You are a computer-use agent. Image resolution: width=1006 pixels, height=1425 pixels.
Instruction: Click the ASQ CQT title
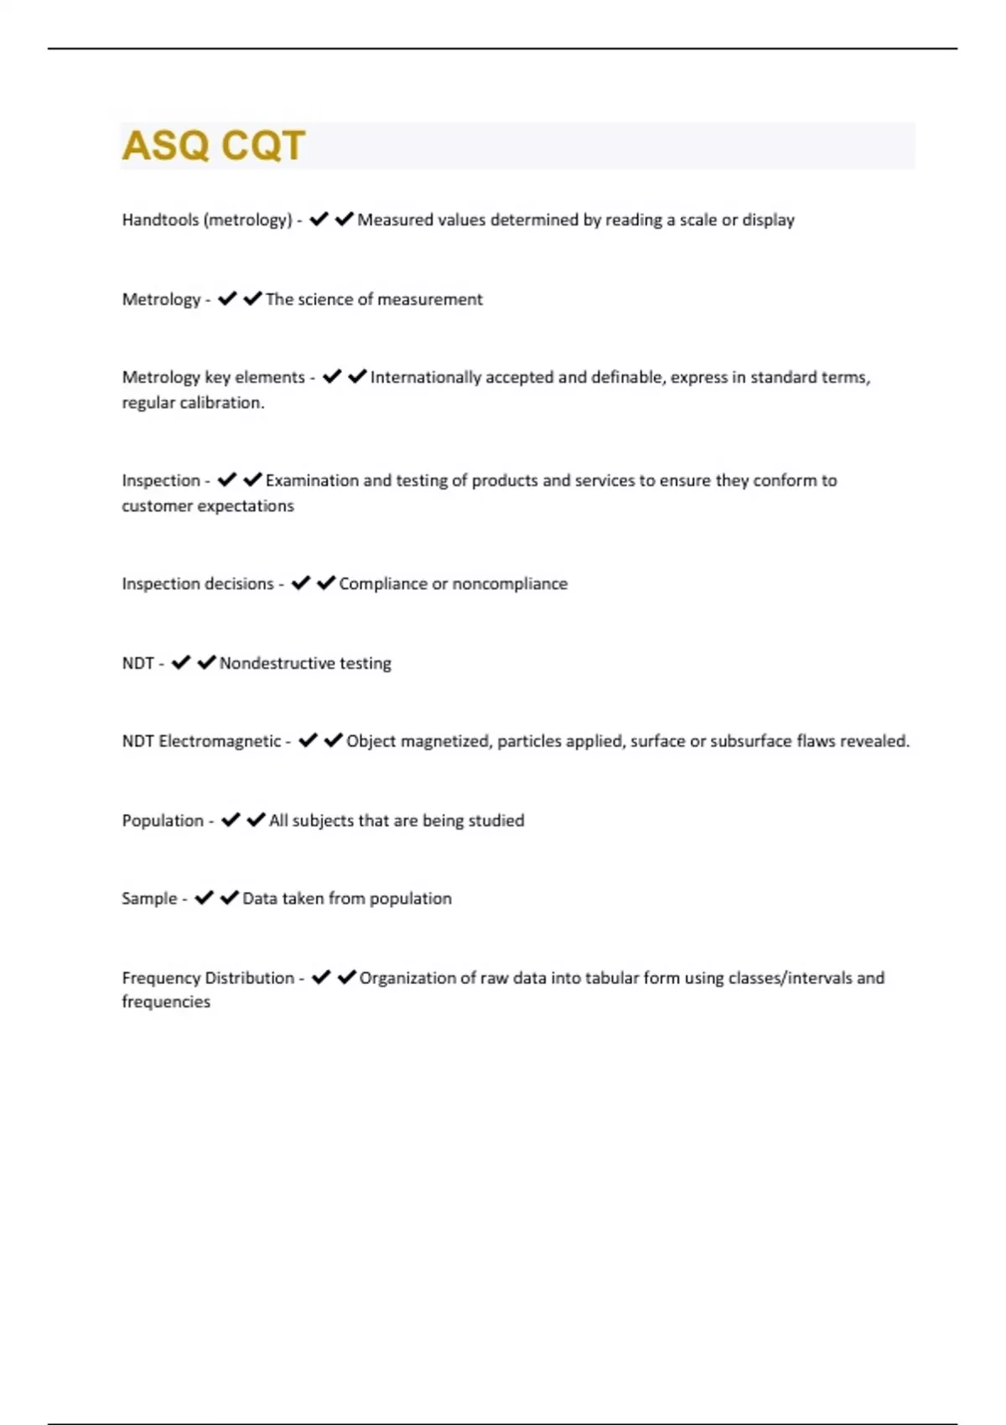(214, 146)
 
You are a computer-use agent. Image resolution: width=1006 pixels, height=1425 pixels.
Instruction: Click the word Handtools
(160, 220)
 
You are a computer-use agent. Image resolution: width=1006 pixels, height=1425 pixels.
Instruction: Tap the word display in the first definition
(769, 220)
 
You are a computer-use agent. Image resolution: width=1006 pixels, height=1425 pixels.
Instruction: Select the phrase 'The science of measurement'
(374, 299)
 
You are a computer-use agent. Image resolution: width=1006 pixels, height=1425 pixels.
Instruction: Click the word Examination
(312, 480)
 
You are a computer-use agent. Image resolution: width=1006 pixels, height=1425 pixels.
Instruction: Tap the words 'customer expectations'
(208, 505)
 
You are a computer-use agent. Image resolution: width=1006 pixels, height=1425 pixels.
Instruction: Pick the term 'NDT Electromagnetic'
(201, 741)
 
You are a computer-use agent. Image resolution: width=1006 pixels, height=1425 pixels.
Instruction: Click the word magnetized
(448, 741)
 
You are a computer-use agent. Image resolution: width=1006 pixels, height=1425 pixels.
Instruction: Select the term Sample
(149, 899)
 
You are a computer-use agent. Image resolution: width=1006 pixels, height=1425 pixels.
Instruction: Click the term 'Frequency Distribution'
(208, 977)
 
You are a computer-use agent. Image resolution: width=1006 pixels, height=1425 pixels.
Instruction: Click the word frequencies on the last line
(166, 1002)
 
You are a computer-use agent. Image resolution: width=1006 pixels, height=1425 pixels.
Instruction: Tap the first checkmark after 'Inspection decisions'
(301, 583)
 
